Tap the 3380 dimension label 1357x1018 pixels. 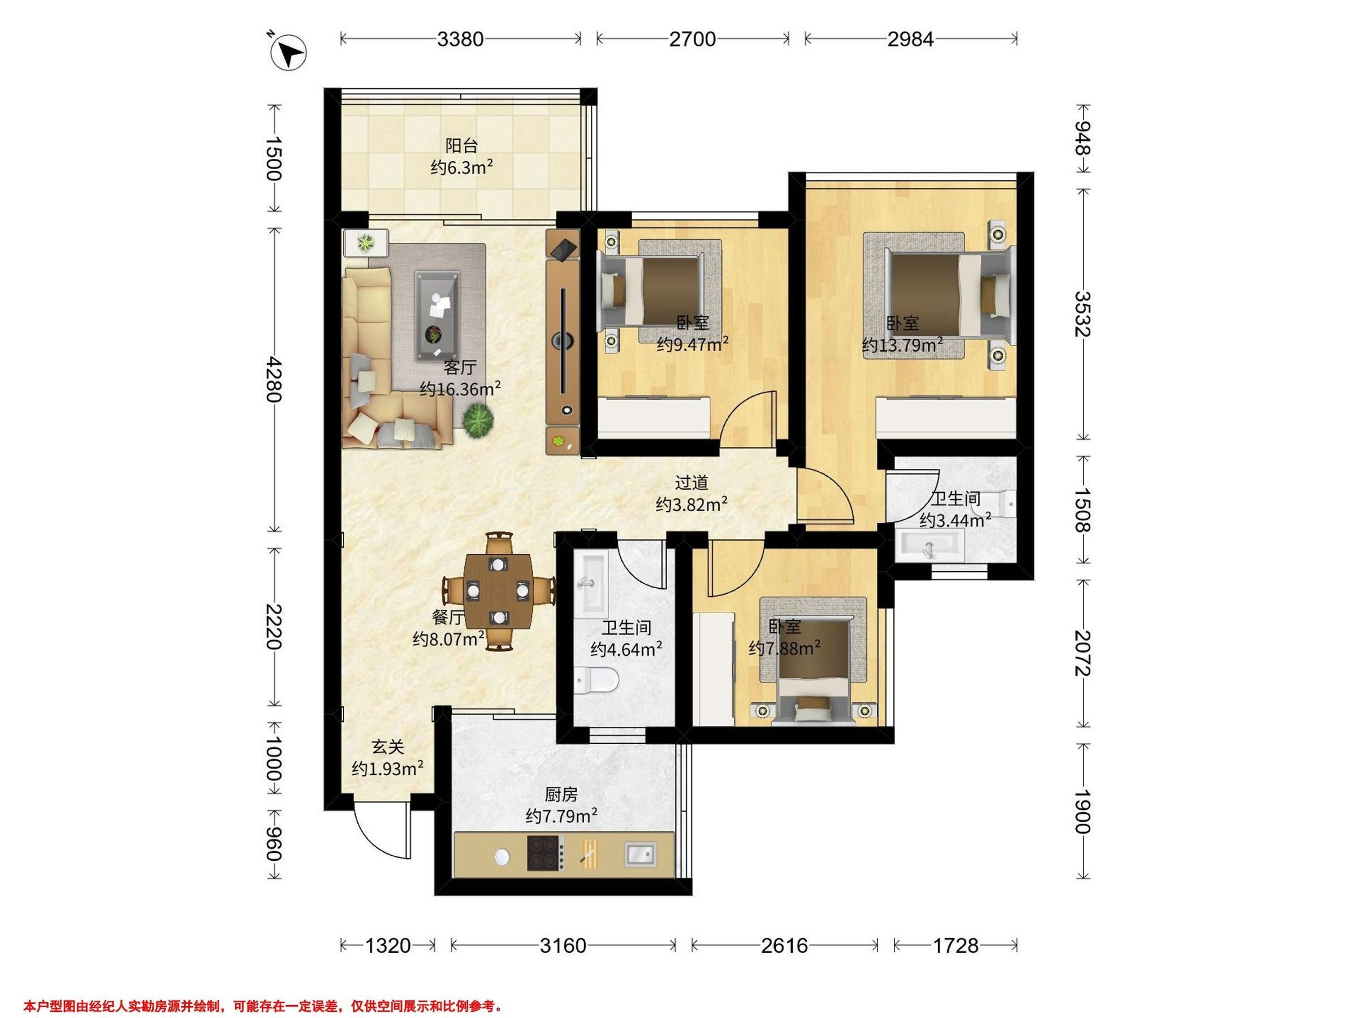(460, 39)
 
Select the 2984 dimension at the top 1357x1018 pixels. (910, 39)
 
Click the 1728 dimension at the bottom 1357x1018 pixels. (956, 946)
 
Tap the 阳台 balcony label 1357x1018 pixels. (461, 146)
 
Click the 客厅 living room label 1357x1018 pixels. (460, 367)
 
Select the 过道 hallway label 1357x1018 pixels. (692, 483)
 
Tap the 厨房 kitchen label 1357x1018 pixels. (561, 795)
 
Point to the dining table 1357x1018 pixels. (498, 590)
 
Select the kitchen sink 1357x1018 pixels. (640, 853)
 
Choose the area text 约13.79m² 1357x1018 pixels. (902, 346)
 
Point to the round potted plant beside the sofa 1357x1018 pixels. (478, 421)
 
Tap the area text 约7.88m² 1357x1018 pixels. (785, 649)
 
